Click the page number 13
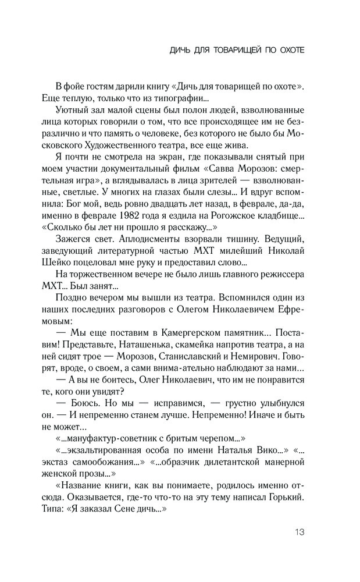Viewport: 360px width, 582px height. [299, 531]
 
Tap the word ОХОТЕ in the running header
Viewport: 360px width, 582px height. [287, 51]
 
